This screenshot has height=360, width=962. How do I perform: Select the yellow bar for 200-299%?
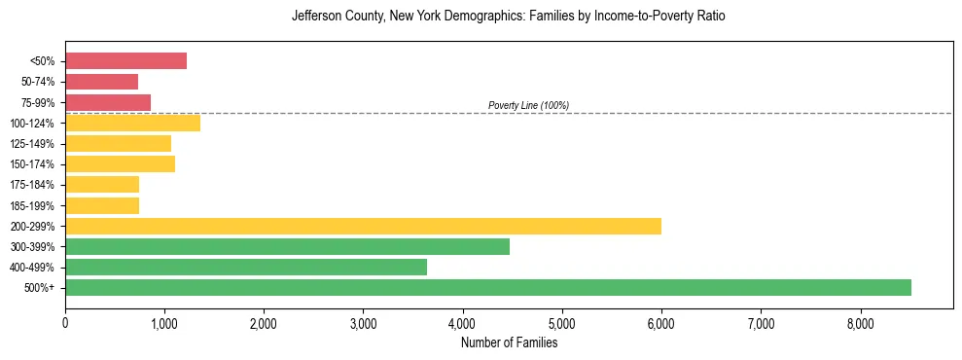click(x=363, y=226)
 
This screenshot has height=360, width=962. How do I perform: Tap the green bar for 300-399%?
click(x=287, y=246)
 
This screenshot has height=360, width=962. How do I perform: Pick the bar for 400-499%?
click(x=246, y=267)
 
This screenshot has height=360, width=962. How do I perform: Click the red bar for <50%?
click(x=125, y=61)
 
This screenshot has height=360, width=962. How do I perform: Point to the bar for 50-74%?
click(x=101, y=82)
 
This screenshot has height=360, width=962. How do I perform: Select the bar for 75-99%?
click(x=108, y=102)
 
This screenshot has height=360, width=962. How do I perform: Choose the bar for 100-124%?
click(x=132, y=123)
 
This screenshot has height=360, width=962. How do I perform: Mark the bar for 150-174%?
click(x=120, y=163)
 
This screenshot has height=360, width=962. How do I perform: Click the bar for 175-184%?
click(x=102, y=184)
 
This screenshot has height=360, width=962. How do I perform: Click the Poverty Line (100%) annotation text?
click(x=528, y=105)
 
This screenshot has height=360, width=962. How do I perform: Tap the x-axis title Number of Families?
click(x=509, y=342)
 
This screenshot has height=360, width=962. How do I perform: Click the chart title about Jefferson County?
click(x=509, y=17)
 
